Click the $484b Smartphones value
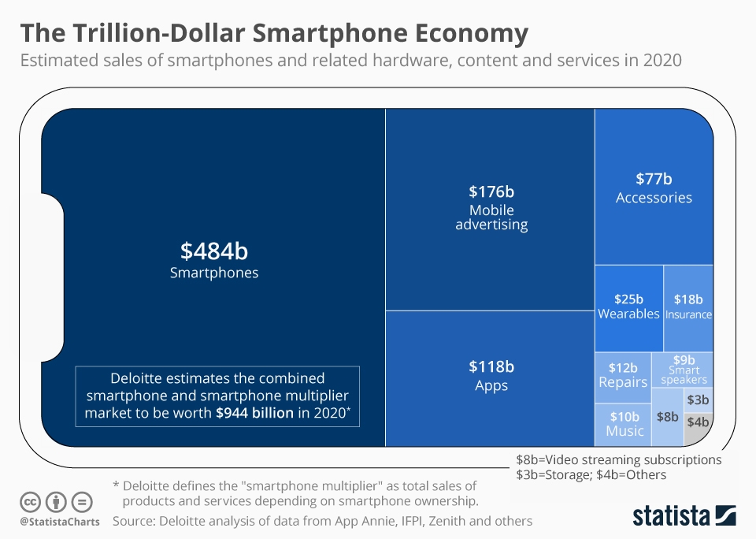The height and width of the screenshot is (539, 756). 214,252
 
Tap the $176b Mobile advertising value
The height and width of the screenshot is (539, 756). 491,191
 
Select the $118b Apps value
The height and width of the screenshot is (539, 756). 491,366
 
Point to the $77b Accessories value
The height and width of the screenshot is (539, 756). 654,179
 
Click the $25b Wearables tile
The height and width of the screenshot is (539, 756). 628,307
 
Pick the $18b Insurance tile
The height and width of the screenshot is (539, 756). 688,307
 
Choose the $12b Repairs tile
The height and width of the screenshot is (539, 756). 622,375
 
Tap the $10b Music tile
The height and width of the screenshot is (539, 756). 624,424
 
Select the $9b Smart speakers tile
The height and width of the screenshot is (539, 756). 683,369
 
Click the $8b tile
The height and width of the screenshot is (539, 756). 667,416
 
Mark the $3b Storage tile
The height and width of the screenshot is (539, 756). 698,400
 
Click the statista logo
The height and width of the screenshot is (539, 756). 684,516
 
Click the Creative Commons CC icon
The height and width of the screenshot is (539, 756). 30,502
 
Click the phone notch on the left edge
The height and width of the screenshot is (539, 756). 52,276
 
